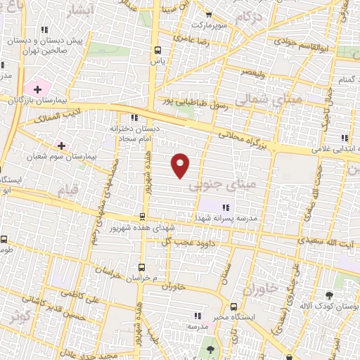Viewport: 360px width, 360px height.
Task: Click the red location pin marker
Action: pos(181,164)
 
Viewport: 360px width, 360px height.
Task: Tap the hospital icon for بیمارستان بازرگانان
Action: pos(37,89)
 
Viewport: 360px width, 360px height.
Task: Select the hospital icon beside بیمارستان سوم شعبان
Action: pos(62,146)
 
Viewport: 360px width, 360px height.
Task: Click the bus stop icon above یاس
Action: pos(157,50)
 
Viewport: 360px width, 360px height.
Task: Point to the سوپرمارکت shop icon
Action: pos(208,15)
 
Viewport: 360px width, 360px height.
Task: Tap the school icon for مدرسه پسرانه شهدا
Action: pos(226,207)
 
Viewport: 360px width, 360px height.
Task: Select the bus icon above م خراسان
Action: pos(141,267)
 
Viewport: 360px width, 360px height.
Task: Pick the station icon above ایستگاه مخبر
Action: pos(235,307)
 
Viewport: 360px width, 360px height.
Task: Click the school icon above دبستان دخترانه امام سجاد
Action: pos(134,117)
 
